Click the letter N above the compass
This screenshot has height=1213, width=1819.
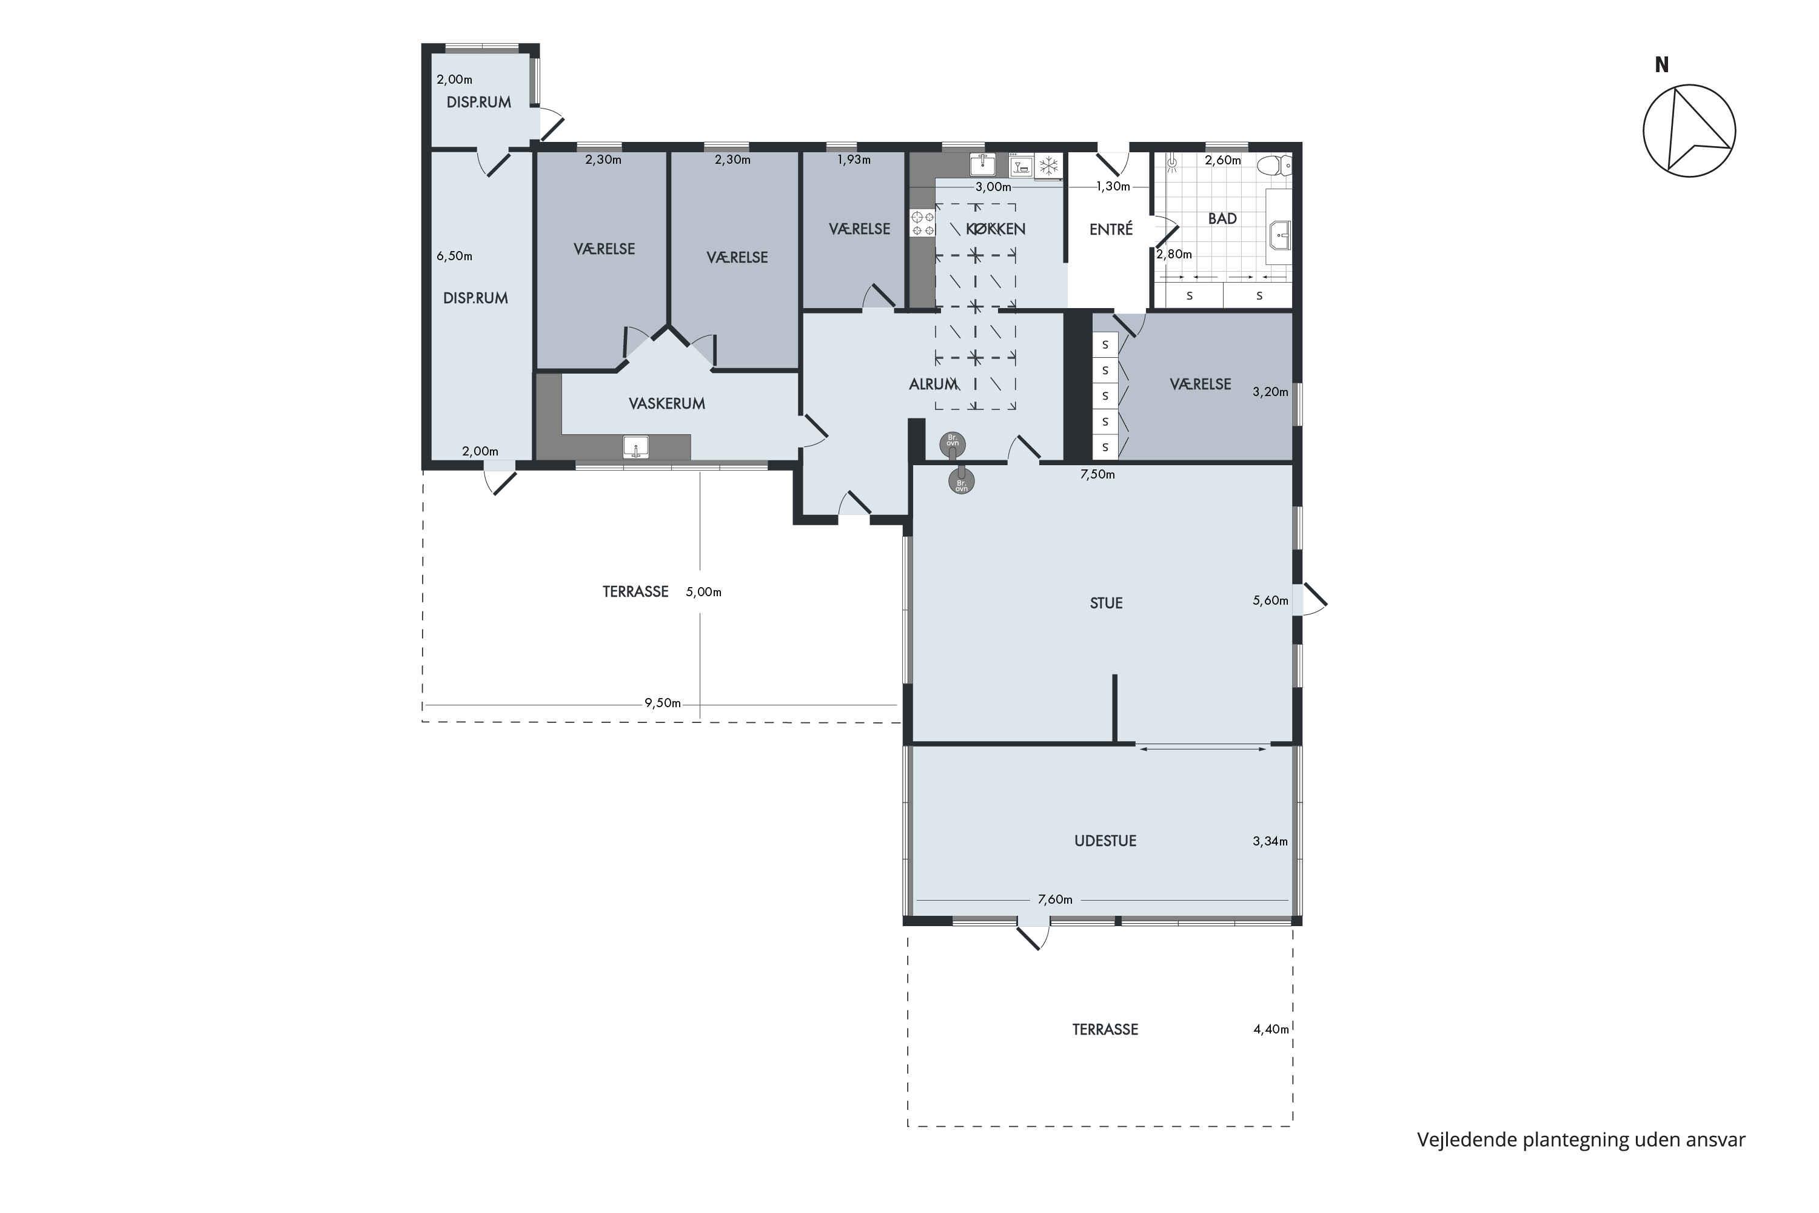click(1661, 66)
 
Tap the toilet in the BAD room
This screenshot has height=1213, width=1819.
click(1275, 165)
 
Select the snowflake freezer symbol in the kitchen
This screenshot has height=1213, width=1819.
click(1049, 166)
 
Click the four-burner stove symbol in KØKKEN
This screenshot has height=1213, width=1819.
click(923, 223)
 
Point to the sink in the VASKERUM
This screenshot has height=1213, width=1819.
click(635, 447)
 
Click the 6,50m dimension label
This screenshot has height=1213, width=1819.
click(454, 256)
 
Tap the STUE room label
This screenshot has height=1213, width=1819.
click(1106, 603)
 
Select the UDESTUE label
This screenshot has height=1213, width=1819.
click(1105, 841)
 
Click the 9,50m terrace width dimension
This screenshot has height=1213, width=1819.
click(663, 703)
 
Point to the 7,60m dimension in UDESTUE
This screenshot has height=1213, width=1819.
click(1055, 899)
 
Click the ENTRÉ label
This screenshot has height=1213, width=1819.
click(1111, 229)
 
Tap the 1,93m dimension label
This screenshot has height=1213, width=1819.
click(854, 160)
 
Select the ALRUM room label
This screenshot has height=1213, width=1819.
click(934, 384)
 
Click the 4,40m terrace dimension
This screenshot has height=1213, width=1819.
click(1271, 1030)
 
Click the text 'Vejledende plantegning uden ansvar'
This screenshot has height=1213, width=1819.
click(1581, 1140)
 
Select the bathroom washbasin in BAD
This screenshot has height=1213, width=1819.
click(1280, 234)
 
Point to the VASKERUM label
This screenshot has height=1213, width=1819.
click(666, 404)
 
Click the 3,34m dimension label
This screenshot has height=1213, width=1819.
click(1270, 841)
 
